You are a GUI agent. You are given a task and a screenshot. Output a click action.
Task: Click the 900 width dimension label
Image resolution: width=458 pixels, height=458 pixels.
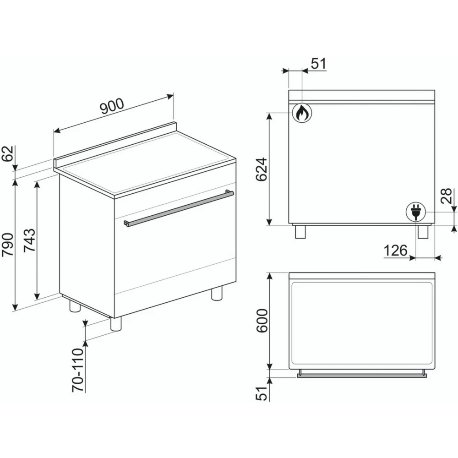click(x=112, y=106)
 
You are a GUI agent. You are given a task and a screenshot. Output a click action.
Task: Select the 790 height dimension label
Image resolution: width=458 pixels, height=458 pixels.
click(x=8, y=244)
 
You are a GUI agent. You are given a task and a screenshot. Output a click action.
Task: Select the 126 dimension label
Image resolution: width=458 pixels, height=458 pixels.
click(x=395, y=251)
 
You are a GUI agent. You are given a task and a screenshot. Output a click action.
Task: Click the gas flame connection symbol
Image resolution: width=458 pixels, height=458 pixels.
click(x=301, y=112)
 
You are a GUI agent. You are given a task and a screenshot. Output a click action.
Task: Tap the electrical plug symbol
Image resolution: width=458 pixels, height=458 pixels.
click(x=416, y=213)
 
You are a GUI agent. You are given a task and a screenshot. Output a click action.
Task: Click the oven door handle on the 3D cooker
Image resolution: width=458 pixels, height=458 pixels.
click(x=179, y=209)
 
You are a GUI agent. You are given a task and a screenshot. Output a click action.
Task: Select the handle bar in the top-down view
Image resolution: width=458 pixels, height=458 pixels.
click(x=362, y=375)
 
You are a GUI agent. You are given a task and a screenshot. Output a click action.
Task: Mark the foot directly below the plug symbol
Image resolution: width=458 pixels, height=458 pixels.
click(x=422, y=232)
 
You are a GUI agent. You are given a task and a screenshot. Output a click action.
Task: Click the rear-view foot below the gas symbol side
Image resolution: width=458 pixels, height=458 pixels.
click(x=301, y=232)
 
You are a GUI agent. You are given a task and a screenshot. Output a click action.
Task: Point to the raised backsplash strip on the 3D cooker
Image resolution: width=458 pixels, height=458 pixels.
click(x=114, y=142)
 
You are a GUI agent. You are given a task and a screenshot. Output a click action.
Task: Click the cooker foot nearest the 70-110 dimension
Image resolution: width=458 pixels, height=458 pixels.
click(x=116, y=324)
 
